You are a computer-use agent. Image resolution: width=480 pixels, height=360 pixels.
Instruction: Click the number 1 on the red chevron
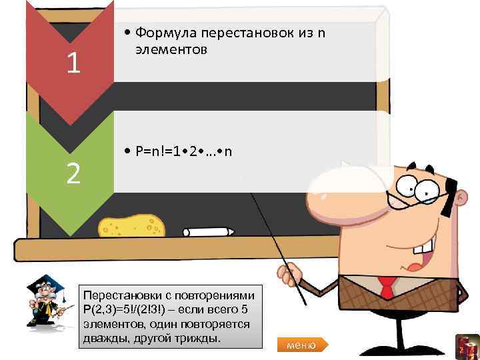pos(74,63)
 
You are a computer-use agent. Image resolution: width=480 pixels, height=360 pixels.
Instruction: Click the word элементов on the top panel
pos(164,49)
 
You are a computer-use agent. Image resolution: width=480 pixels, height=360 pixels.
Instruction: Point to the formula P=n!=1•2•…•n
pos(184,152)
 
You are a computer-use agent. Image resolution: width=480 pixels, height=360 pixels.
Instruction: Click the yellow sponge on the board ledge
pos(131,226)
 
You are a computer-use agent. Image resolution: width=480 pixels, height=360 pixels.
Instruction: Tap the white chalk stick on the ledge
pos(209,231)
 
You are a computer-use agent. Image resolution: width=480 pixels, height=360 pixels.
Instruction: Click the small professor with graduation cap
pos(47,303)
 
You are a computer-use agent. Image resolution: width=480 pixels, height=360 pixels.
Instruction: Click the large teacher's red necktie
pos(387,286)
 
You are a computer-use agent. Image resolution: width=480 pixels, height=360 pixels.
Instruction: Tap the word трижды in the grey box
pos(199,339)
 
